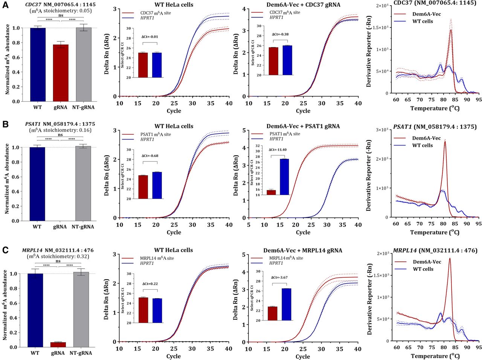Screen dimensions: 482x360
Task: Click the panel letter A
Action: [5, 5]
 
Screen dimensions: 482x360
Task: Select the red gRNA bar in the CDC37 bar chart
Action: [61, 73]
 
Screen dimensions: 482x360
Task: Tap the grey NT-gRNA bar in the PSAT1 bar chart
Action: [83, 184]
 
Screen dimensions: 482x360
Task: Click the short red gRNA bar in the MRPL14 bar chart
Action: [58, 345]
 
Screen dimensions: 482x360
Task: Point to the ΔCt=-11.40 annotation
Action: [278, 150]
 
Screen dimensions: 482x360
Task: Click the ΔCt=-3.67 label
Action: [279, 277]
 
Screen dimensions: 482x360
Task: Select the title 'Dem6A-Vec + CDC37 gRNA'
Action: [303, 5]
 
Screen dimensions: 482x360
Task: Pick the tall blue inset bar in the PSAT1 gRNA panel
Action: [284, 177]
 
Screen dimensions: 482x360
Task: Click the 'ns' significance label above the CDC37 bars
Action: [61, 15]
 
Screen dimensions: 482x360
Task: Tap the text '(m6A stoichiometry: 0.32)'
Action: [58, 256]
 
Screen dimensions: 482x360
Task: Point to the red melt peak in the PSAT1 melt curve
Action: [445, 142]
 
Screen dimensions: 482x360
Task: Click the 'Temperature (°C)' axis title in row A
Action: [435, 108]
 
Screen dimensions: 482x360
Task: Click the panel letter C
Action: [5, 250]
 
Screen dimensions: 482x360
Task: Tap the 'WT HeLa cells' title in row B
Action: [174, 126]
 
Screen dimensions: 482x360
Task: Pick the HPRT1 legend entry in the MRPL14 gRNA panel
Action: [276, 263]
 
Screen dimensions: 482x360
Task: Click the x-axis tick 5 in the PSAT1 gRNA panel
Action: [249, 225]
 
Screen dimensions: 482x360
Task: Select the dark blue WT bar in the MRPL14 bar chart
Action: [35, 310]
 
